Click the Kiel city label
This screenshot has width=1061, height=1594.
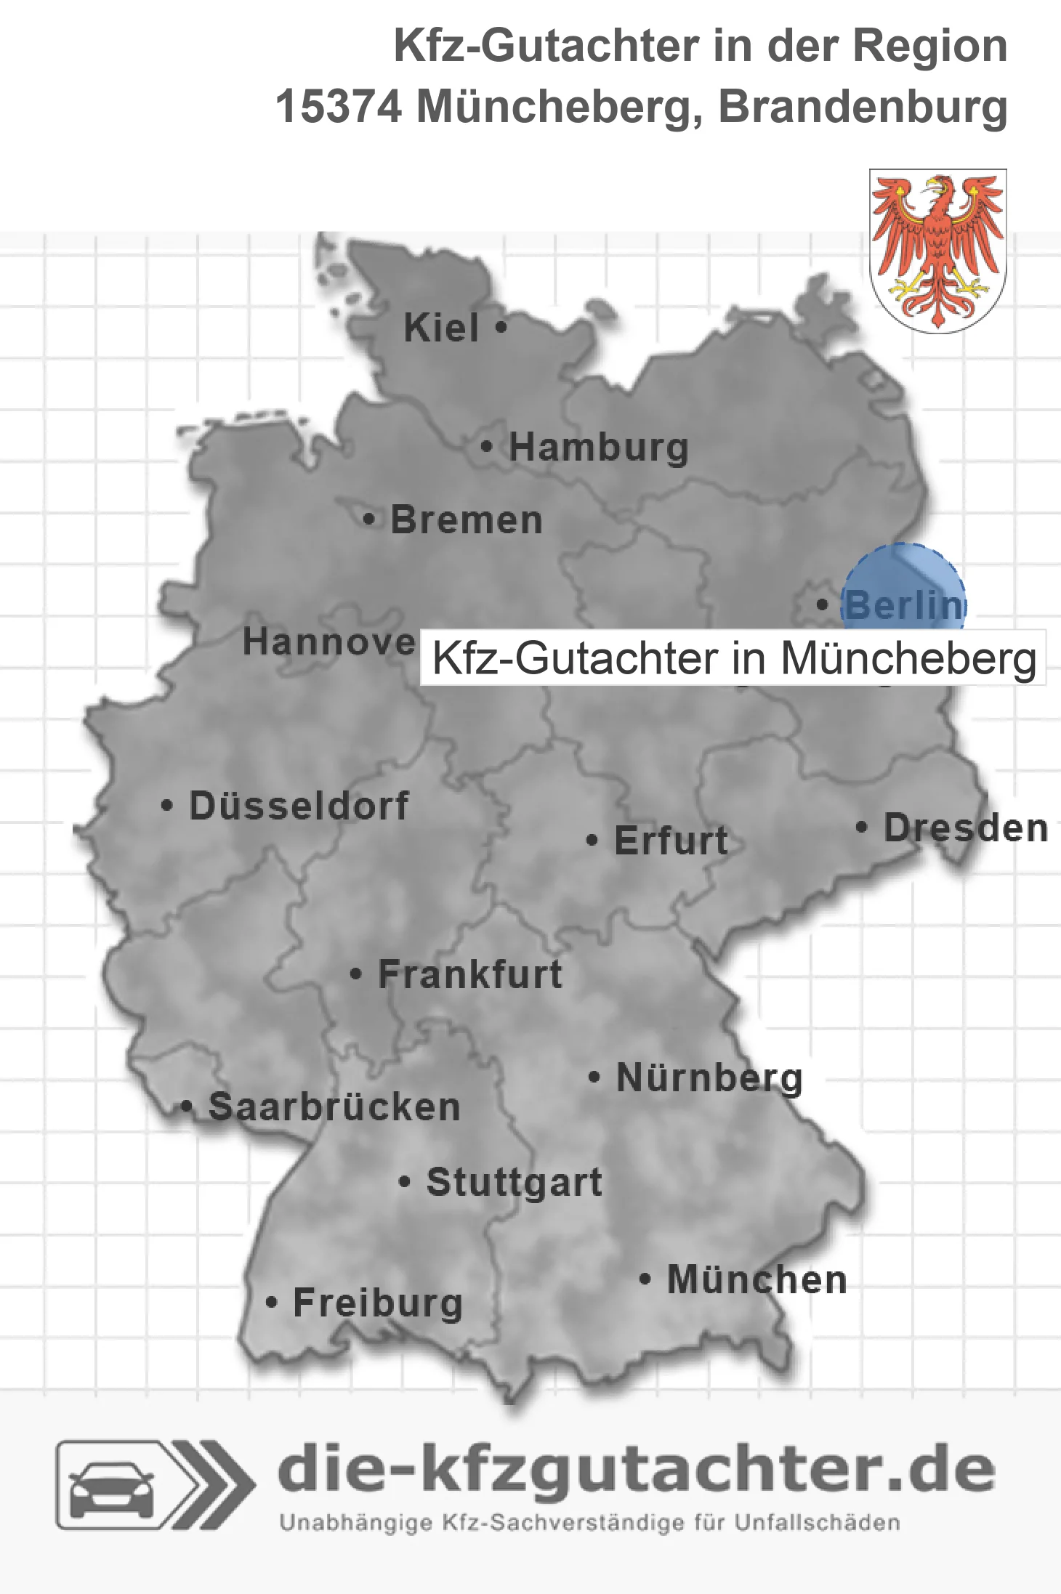(x=441, y=328)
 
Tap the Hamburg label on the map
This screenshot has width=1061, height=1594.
(x=598, y=448)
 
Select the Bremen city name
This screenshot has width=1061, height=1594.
(x=467, y=520)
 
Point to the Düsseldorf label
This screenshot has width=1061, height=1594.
(x=299, y=806)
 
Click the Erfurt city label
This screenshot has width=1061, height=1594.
(x=671, y=841)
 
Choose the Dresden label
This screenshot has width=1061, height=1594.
(x=965, y=828)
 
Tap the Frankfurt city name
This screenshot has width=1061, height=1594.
(x=470, y=974)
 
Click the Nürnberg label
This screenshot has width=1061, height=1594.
(x=709, y=1078)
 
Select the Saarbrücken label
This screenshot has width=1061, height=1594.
(x=334, y=1107)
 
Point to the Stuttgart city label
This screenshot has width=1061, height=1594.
(x=514, y=1182)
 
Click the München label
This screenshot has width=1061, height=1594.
(x=757, y=1280)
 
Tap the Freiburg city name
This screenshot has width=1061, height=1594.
(x=378, y=1303)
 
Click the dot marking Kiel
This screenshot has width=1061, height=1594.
(x=501, y=328)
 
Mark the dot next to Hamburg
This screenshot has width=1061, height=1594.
(x=487, y=447)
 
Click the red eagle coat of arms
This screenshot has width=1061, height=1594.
(x=937, y=251)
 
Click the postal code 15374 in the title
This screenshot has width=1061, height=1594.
(x=338, y=108)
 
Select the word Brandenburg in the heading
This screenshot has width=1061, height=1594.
(x=863, y=108)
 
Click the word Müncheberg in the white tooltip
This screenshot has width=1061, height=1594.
(x=908, y=658)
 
